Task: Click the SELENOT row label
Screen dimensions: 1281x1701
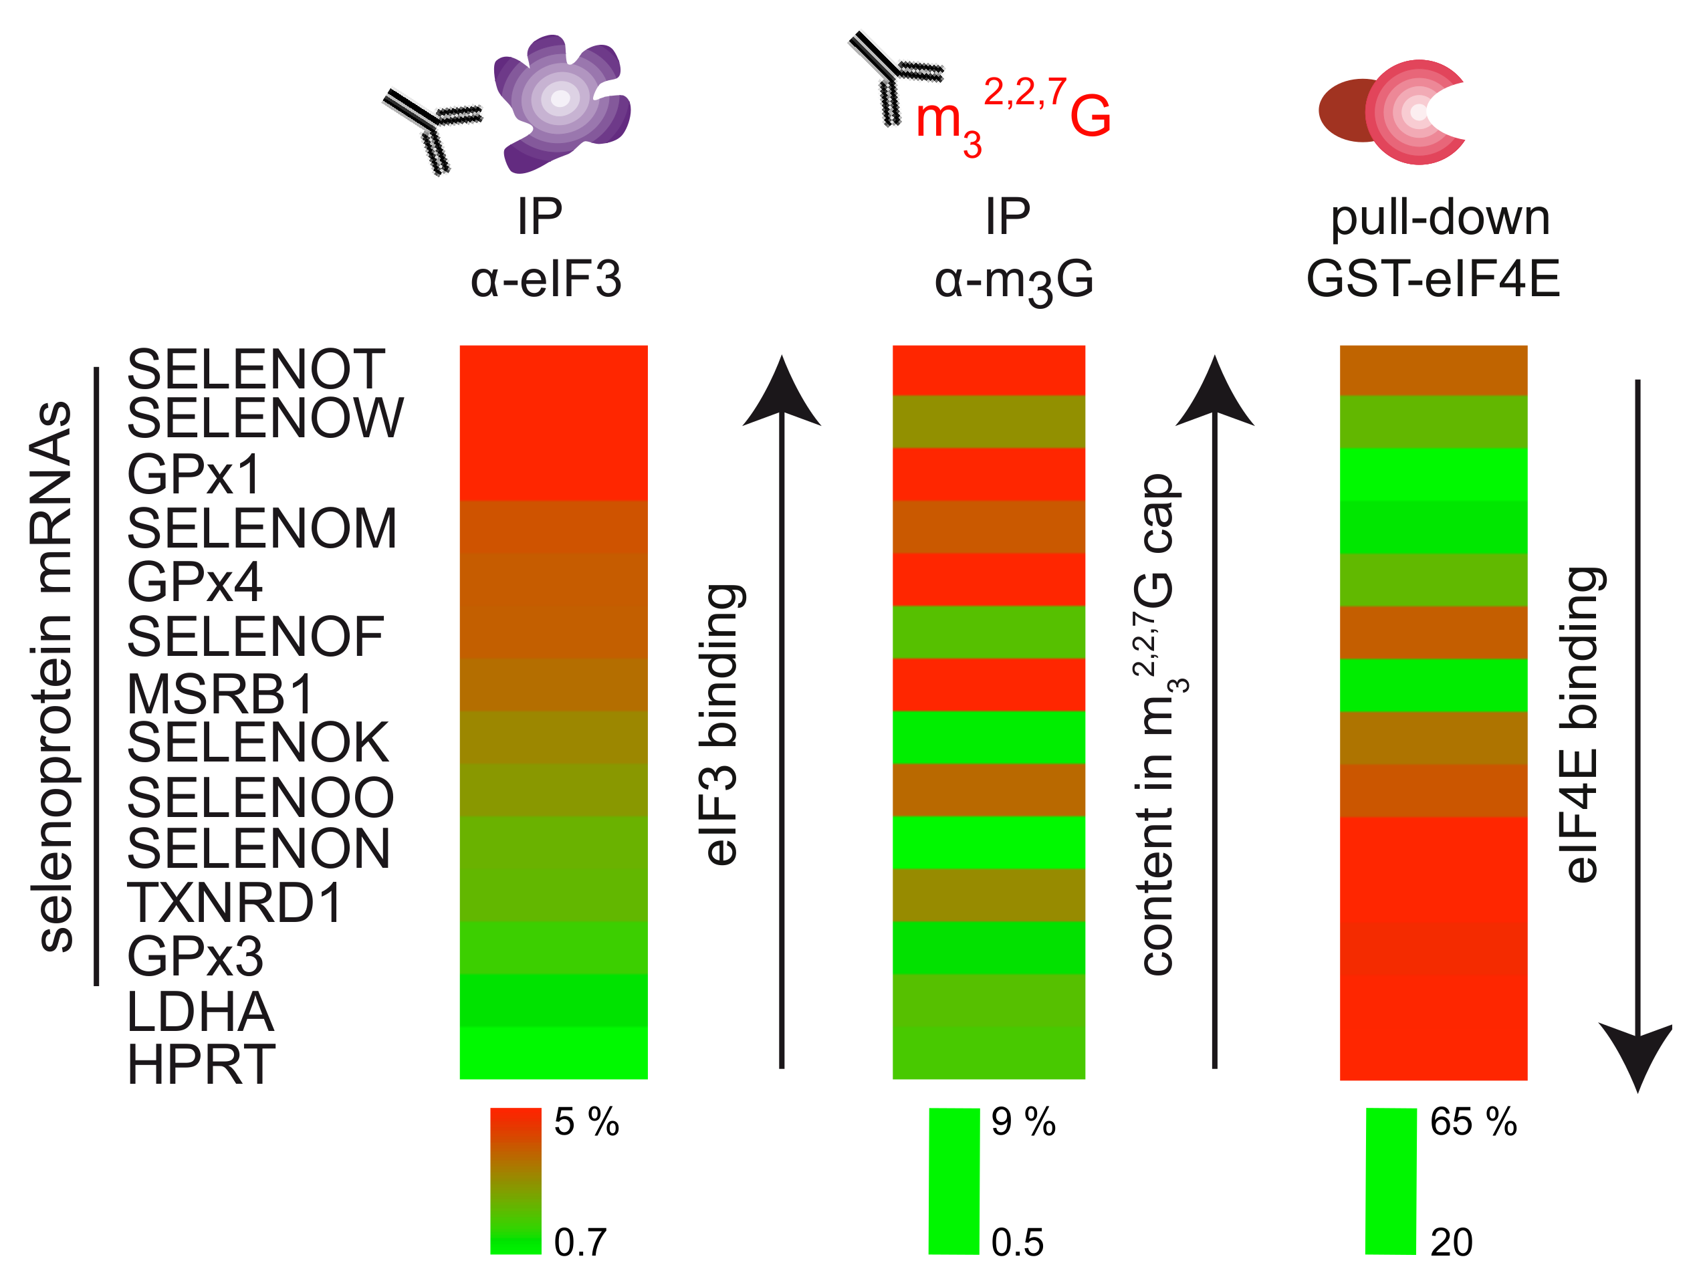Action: tap(255, 370)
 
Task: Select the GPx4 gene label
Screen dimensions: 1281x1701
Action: tap(195, 582)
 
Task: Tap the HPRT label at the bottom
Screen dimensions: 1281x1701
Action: tap(201, 1065)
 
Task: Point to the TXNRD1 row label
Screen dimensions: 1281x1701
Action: tap(235, 903)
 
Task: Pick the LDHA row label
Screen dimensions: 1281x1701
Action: tap(200, 1012)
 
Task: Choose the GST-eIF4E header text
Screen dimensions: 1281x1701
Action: tap(1433, 278)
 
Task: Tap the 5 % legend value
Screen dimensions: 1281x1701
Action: tap(586, 1122)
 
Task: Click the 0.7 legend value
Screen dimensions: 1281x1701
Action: tap(580, 1242)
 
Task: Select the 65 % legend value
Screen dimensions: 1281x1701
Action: tap(1472, 1122)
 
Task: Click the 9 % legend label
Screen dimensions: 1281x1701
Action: tap(1023, 1122)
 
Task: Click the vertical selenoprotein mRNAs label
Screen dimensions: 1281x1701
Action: tap(52, 676)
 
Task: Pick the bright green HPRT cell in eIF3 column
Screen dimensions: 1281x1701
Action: tap(553, 1052)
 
